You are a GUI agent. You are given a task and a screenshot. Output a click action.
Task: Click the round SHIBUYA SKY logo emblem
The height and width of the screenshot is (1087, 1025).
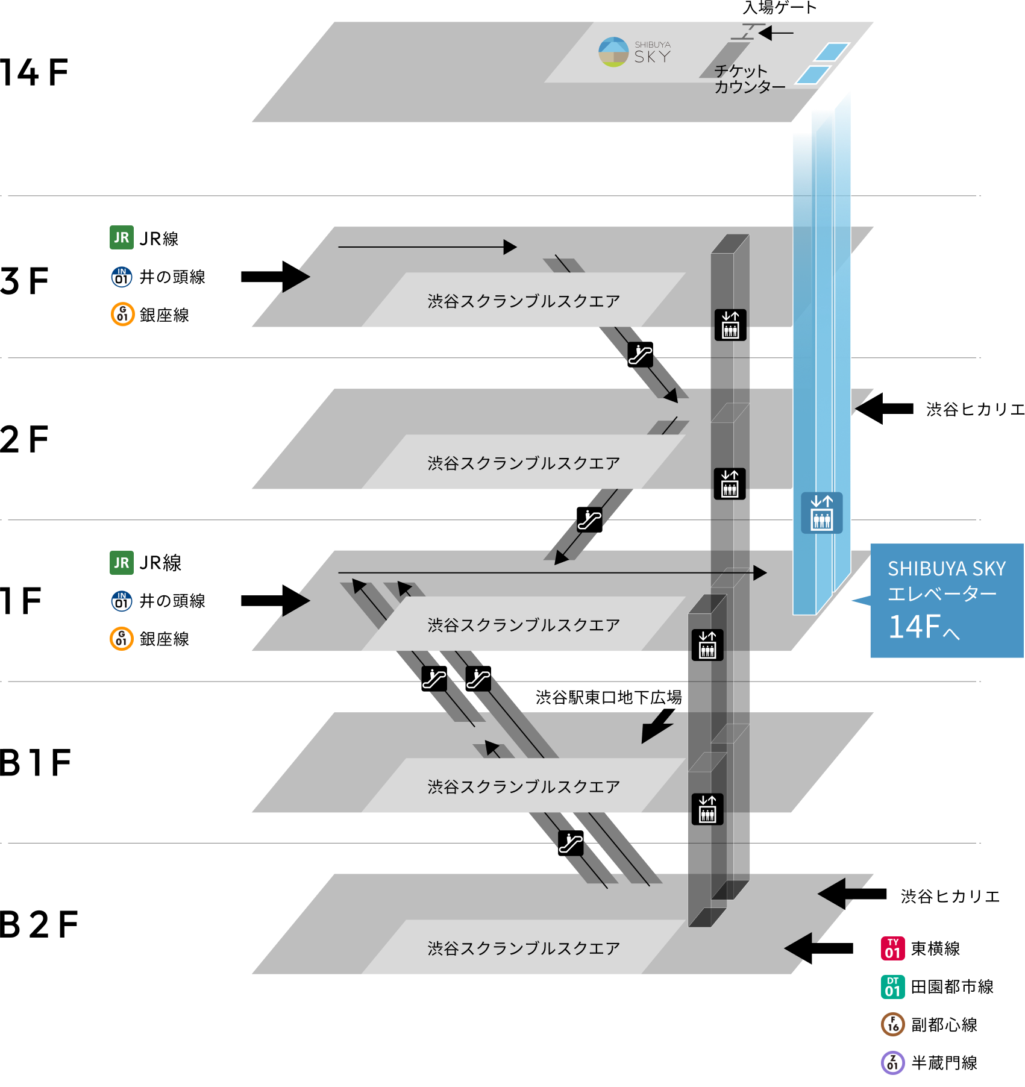(x=613, y=52)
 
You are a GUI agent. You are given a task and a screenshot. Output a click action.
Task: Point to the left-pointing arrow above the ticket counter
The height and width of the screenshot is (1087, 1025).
(x=776, y=33)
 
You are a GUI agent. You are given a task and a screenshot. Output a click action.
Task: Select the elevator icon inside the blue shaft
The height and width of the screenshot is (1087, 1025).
(x=821, y=513)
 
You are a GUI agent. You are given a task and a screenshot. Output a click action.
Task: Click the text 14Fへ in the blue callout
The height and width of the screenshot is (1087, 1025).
(x=923, y=627)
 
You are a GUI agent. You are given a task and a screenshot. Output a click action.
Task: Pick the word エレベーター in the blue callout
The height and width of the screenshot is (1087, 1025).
(x=942, y=594)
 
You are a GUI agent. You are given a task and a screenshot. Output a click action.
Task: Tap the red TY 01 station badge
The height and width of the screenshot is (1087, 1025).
(x=892, y=948)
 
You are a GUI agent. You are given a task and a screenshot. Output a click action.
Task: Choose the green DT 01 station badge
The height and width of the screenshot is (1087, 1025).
(x=892, y=987)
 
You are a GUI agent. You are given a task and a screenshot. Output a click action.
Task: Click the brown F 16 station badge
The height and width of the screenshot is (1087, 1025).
(x=892, y=1024)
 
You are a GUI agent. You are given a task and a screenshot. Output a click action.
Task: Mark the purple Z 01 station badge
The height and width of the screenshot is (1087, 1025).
(x=892, y=1062)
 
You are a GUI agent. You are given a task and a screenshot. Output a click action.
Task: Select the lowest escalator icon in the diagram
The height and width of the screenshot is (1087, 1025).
(x=571, y=843)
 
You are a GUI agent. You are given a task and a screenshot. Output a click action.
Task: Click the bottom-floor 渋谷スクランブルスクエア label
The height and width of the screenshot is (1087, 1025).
(x=523, y=948)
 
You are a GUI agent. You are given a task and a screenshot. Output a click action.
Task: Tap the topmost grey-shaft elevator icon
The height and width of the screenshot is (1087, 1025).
(x=730, y=325)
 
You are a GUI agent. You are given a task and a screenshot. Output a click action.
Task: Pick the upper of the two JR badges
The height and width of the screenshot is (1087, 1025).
(x=122, y=237)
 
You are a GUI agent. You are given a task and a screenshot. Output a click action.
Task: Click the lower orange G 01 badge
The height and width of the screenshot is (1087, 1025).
(x=122, y=638)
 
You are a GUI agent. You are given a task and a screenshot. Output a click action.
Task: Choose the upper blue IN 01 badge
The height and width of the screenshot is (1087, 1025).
(x=122, y=277)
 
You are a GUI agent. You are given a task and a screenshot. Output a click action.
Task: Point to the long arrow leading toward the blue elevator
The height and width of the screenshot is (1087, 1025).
(x=551, y=572)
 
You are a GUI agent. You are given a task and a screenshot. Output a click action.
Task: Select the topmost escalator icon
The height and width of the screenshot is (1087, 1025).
(x=640, y=354)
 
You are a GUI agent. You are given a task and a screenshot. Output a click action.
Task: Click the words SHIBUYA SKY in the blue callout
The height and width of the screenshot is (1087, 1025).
(x=946, y=568)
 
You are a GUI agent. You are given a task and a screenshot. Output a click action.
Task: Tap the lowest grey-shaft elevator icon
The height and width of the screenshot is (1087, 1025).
(x=707, y=809)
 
